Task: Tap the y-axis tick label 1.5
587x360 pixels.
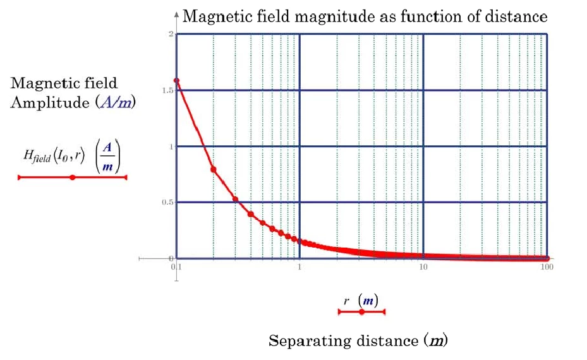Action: [x=167, y=90]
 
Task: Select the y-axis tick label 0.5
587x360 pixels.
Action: [x=167, y=202]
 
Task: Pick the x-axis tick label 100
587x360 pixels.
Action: [x=547, y=267]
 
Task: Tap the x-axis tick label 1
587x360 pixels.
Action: [x=300, y=267]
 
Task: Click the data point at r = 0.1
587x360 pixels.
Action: [x=176, y=80]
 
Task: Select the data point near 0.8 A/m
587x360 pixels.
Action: [x=214, y=169]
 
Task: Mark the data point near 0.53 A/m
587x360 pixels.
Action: [x=235, y=200]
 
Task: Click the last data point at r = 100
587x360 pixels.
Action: [x=547, y=258]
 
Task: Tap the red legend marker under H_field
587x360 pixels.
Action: [x=73, y=177]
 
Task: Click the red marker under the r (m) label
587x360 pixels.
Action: [x=361, y=312]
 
